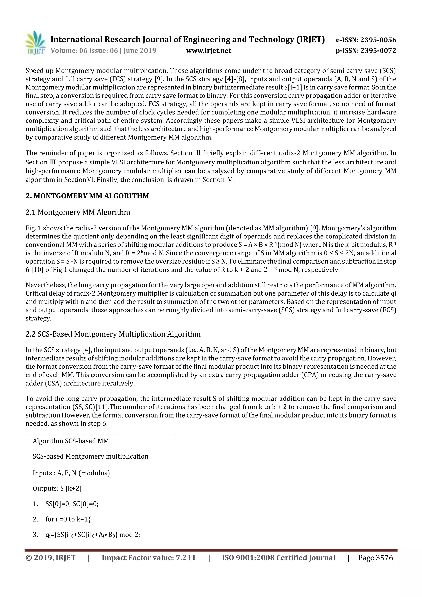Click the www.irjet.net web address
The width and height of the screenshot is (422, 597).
pyautogui.click(x=209, y=51)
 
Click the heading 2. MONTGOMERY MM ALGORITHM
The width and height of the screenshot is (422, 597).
pyautogui.click(x=87, y=196)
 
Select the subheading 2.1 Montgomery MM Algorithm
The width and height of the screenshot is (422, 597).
pyautogui.click(x=78, y=212)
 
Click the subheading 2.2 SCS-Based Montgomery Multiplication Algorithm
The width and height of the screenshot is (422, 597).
pyautogui.click(x=113, y=334)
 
